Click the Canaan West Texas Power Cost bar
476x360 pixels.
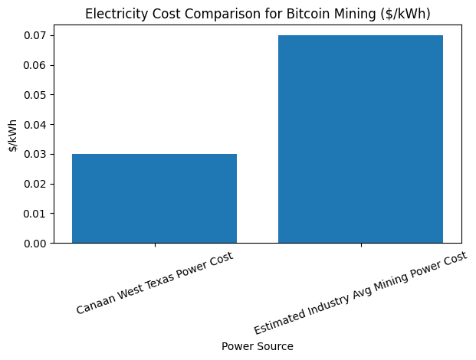click(154, 198)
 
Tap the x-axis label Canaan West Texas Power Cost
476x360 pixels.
click(155, 283)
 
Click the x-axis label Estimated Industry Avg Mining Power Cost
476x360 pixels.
click(360, 293)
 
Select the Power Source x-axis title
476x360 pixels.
click(258, 346)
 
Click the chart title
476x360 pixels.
click(258, 14)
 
